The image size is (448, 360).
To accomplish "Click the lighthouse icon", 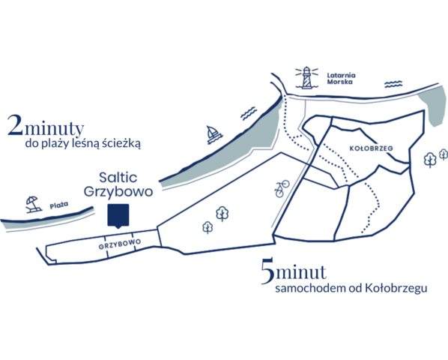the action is click(x=306, y=77).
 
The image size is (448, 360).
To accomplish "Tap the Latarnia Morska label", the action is click(x=341, y=79).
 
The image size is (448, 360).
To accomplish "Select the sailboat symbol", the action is click(x=214, y=134).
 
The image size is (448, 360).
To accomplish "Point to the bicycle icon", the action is click(x=282, y=188).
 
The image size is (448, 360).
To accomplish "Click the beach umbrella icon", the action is click(x=33, y=204).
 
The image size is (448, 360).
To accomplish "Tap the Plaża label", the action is click(x=59, y=205).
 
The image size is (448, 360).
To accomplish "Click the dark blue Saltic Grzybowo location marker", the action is click(x=118, y=216).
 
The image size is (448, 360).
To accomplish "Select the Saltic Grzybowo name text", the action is click(x=118, y=184).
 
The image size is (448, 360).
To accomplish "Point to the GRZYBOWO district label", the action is click(x=120, y=244).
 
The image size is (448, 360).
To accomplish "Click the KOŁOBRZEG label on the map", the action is click(x=371, y=148).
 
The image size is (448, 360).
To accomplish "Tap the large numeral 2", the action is click(x=15, y=125).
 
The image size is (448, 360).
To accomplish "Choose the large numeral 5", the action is click(x=267, y=271).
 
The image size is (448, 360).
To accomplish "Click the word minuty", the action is click(x=54, y=128).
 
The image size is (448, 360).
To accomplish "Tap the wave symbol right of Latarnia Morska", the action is click(x=393, y=84).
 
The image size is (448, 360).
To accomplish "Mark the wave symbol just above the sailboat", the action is click(x=249, y=113).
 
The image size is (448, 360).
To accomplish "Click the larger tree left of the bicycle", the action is click(x=222, y=214).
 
